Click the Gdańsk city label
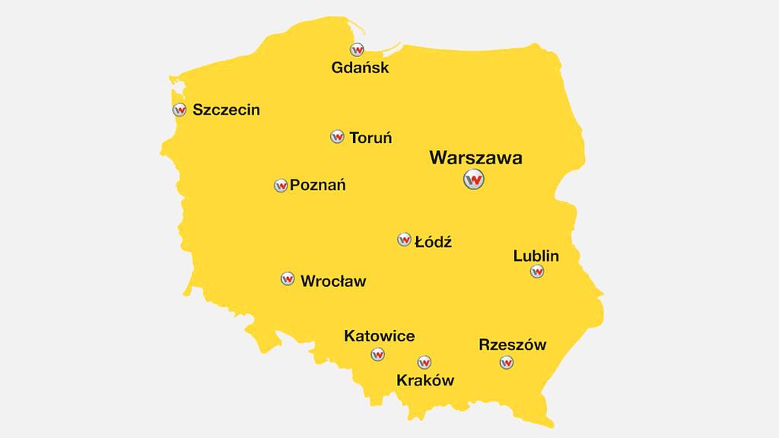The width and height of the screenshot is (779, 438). (360, 68)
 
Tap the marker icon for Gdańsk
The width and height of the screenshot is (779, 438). (357, 49)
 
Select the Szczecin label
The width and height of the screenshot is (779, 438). (226, 109)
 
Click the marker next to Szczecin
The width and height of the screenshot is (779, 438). (179, 109)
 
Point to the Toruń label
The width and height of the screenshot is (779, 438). (370, 138)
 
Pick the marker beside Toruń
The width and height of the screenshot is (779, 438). (338, 137)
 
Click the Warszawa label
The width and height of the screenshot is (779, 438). (475, 158)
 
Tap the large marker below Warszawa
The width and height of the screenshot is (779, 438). (474, 180)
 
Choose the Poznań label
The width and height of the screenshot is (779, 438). (318, 185)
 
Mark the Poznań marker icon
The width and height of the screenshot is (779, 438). (281, 185)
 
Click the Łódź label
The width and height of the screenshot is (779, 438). (434, 242)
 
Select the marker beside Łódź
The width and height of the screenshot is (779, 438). (404, 240)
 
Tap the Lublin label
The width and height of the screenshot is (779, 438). (536, 255)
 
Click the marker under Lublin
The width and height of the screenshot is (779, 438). (537, 271)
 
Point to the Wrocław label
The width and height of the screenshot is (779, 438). (333, 281)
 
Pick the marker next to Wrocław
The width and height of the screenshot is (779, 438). (288, 279)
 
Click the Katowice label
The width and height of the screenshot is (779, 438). (379, 335)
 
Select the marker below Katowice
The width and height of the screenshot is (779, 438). (377, 354)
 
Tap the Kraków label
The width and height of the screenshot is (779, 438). (425, 380)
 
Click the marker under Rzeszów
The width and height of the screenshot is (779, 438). (507, 363)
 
